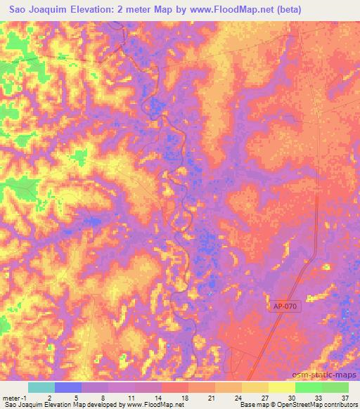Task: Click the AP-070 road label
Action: point(285,307)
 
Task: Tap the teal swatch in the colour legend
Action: point(41,387)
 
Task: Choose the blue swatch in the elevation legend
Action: point(68,387)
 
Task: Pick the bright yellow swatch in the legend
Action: point(281,387)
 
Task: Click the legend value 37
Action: point(345,398)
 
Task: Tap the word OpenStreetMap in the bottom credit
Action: point(297,405)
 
